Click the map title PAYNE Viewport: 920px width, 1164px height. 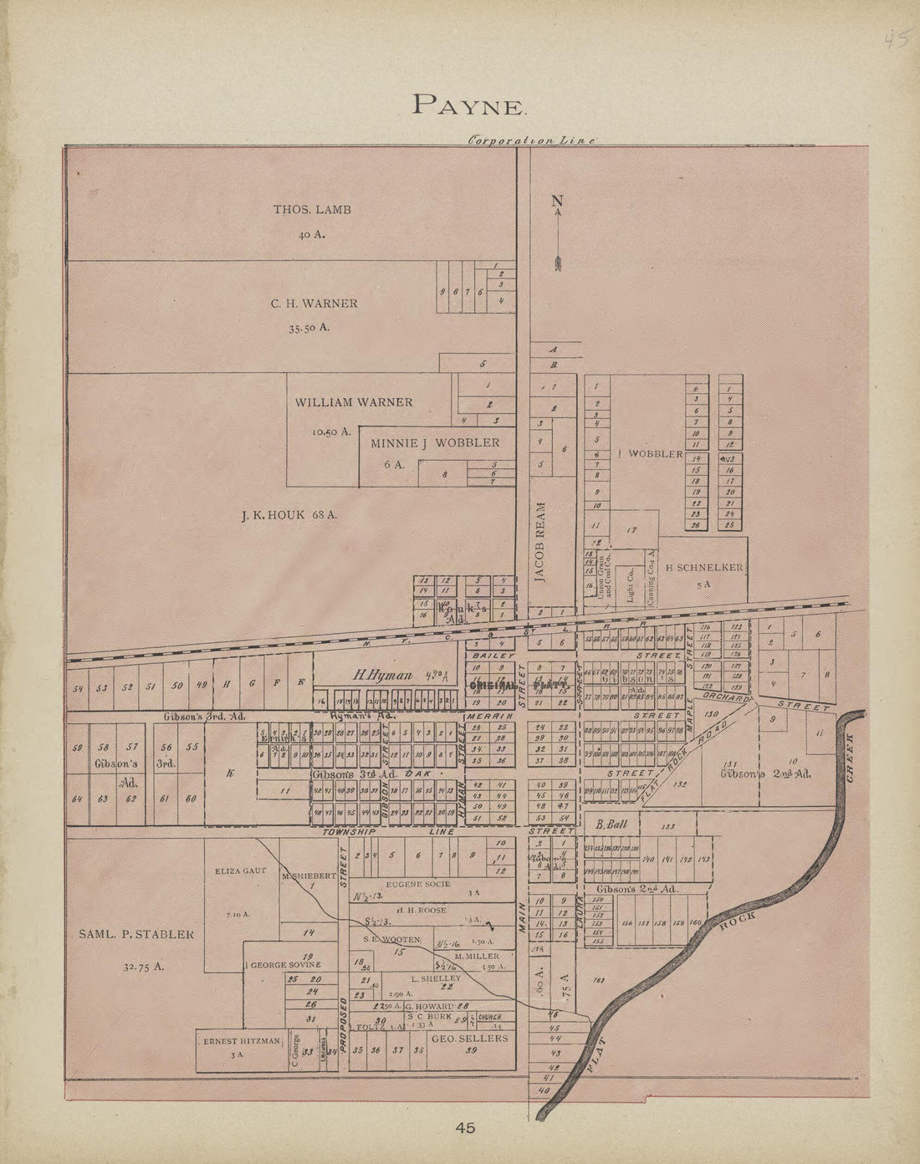point(469,105)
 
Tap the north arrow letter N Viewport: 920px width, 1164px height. point(557,201)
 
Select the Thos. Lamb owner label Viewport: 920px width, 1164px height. point(312,209)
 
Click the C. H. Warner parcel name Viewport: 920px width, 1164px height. point(314,304)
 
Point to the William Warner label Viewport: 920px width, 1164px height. point(353,402)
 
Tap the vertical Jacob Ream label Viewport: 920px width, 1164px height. point(541,542)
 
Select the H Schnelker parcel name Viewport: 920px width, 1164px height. point(703,568)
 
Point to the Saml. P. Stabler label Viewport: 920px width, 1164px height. point(136,934)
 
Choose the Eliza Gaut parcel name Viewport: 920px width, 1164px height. point(240,870)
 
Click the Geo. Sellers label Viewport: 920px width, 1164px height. point(469,1038)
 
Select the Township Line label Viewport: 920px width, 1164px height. point(388,833)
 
